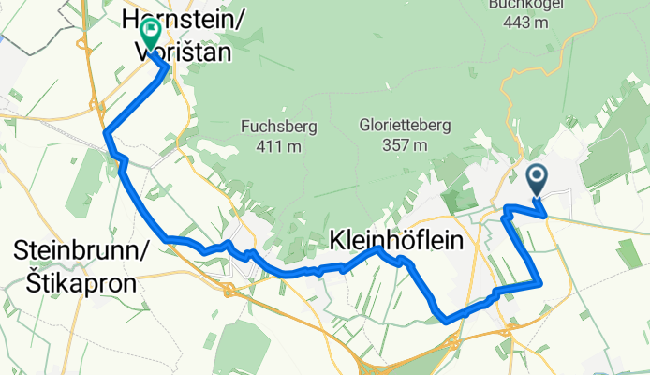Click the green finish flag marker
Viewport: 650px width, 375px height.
(x=149, y=33)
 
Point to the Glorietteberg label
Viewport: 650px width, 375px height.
(x=392, y=125)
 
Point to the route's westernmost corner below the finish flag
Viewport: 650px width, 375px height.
(x=104, y=132)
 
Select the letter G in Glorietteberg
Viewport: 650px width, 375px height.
(x=364, y=125)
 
